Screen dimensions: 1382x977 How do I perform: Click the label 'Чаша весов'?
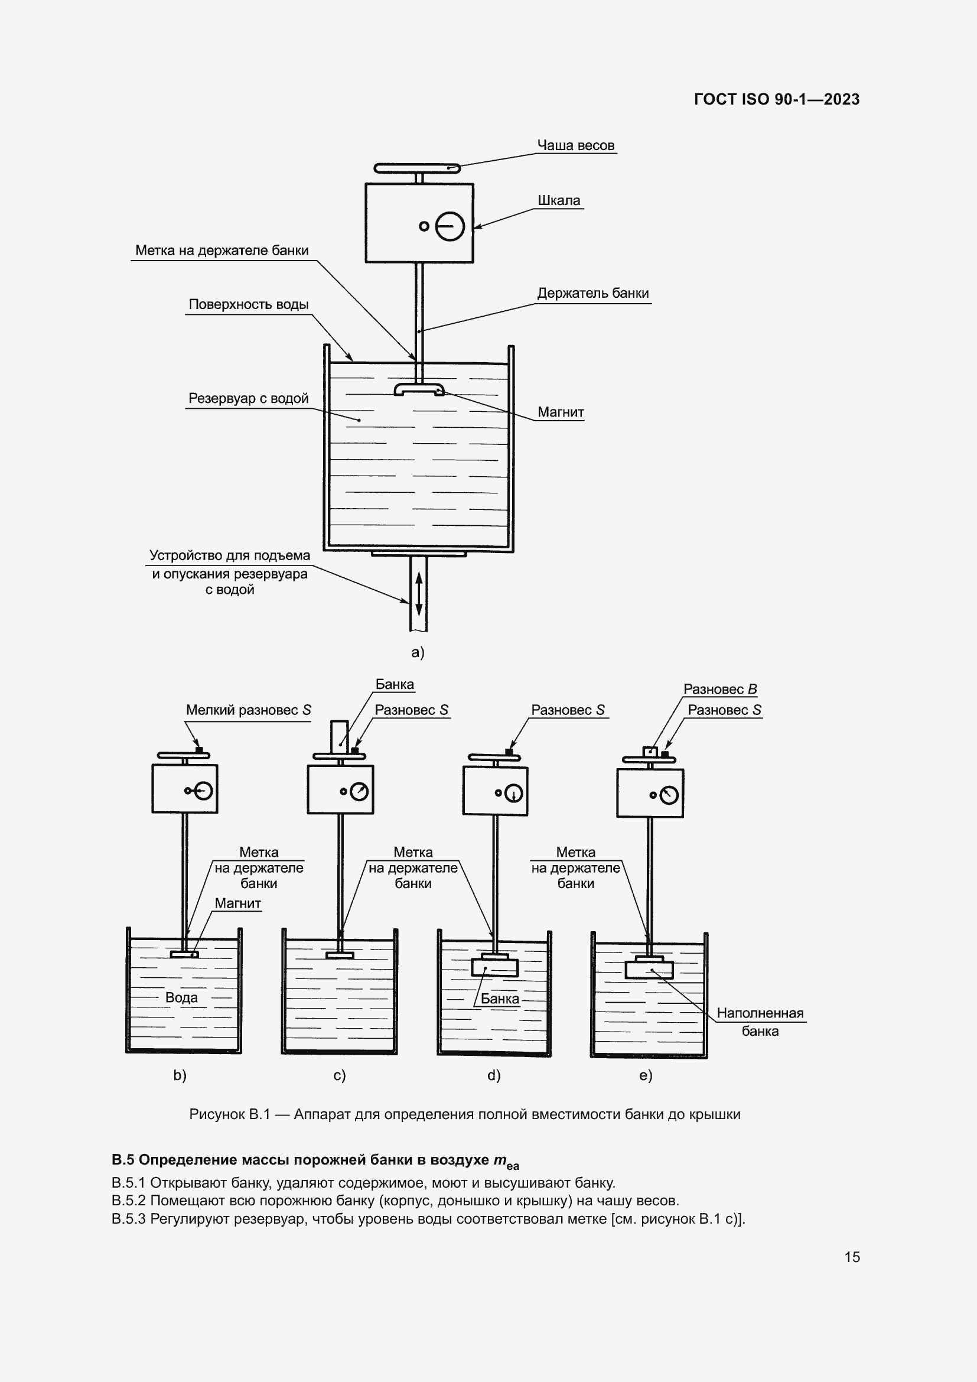(575, 146)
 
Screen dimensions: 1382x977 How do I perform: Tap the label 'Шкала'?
(558, 200)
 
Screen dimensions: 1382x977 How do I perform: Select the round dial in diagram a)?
(450, 227)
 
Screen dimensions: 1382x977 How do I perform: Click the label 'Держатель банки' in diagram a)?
(592, 293)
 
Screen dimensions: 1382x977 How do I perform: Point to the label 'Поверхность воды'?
(249, 304)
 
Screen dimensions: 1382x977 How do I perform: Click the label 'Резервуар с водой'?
(249, 398)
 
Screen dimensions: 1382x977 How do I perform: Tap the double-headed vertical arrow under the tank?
(419, 593)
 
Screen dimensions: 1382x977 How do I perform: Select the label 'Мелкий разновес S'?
(249, 710)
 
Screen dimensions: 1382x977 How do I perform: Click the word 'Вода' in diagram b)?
(181, 997)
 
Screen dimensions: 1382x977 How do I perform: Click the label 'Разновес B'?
(719, 689)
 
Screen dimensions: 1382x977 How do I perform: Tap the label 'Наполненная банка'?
(760, 1022)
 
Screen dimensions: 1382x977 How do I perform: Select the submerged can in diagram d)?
(494, 968)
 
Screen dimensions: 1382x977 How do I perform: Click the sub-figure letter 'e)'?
(646, 1075)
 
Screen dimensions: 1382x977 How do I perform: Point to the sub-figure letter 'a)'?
(418, 652)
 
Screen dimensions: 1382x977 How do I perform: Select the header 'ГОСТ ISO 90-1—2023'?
(777, 99)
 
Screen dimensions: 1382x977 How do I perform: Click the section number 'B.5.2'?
(129, 1201)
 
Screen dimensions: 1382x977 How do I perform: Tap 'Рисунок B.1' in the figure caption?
(229, 1115)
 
